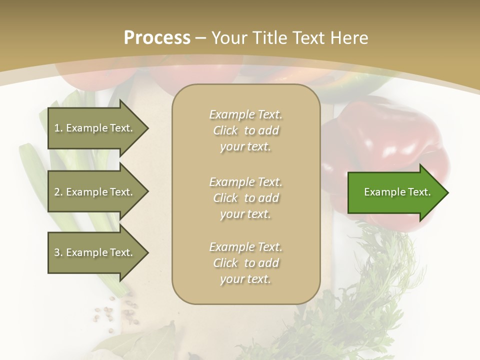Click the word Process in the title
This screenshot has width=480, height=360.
[x=157, y=38]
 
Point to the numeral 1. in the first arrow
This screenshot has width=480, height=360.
[x=58, y=128]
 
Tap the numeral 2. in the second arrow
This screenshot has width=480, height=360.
[x=58, y=192]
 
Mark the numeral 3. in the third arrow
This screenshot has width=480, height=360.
[x=58, y=253]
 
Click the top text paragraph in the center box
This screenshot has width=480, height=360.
[x=245, y=130]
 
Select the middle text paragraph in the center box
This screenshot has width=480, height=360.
[x=245, y=198]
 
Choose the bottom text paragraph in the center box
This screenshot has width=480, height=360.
[x=245, y=263]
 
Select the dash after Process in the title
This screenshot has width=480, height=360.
[x=201, y=38]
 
